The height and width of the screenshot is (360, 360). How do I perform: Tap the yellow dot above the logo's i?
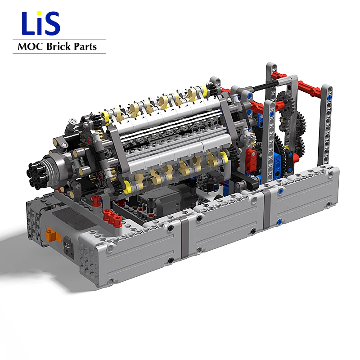(42, 15)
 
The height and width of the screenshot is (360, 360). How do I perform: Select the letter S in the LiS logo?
(53, 25)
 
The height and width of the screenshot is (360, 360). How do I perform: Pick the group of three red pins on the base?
(111, 217)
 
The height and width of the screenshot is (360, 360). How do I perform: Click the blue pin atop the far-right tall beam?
(330, 96)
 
